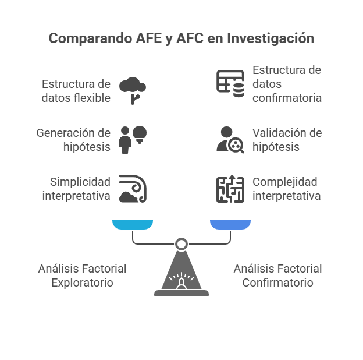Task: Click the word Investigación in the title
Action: (271, 38)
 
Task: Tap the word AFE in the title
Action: (148, 38)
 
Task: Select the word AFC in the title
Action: (190, 38)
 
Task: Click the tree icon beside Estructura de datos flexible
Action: (133, 90)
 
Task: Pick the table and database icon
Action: (230, 84)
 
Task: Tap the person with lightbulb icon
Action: (133, 140)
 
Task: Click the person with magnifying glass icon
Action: (230, 140)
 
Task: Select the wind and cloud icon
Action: (133, 189)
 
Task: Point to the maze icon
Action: (230, 189)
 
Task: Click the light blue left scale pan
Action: (133, 225)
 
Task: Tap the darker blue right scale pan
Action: (230, 225)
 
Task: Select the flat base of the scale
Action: (181, 293)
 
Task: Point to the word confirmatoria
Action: (287, 98)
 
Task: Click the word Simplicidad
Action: (80, 182)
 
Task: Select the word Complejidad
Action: (285, 182)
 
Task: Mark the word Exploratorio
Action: (82, 283)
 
